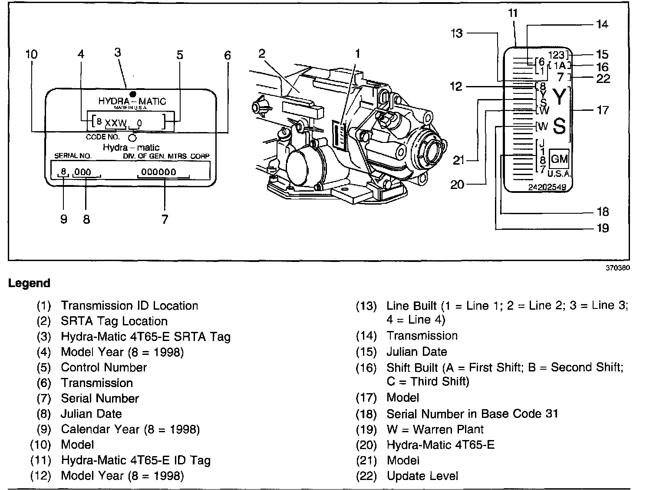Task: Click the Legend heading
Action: click(29, 283)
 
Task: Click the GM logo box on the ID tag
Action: click(559, 159)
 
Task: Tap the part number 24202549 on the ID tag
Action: click(547, 187)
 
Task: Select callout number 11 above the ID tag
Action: click(513, 13)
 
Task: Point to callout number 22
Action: click(603, 79)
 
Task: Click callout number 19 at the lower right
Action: click(603, 228)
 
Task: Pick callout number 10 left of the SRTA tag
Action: click(32, 54)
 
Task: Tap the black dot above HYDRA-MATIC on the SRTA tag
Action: click(133, 94)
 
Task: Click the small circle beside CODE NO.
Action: click(132, 138)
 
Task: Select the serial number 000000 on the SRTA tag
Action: click(158, 172)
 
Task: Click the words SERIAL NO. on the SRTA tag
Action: click(73, 156)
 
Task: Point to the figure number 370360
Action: click(618, 268)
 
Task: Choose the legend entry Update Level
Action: click(422, 476)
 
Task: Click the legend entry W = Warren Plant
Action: click(435, 429)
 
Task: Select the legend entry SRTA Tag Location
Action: click(114, 321)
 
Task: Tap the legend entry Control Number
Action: click(104, 367)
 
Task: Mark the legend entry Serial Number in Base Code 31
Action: click(472, 414)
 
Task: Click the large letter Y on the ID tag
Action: click(560, 97)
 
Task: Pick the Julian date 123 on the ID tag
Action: click(556, 55)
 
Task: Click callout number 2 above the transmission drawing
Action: click(262, 53)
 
